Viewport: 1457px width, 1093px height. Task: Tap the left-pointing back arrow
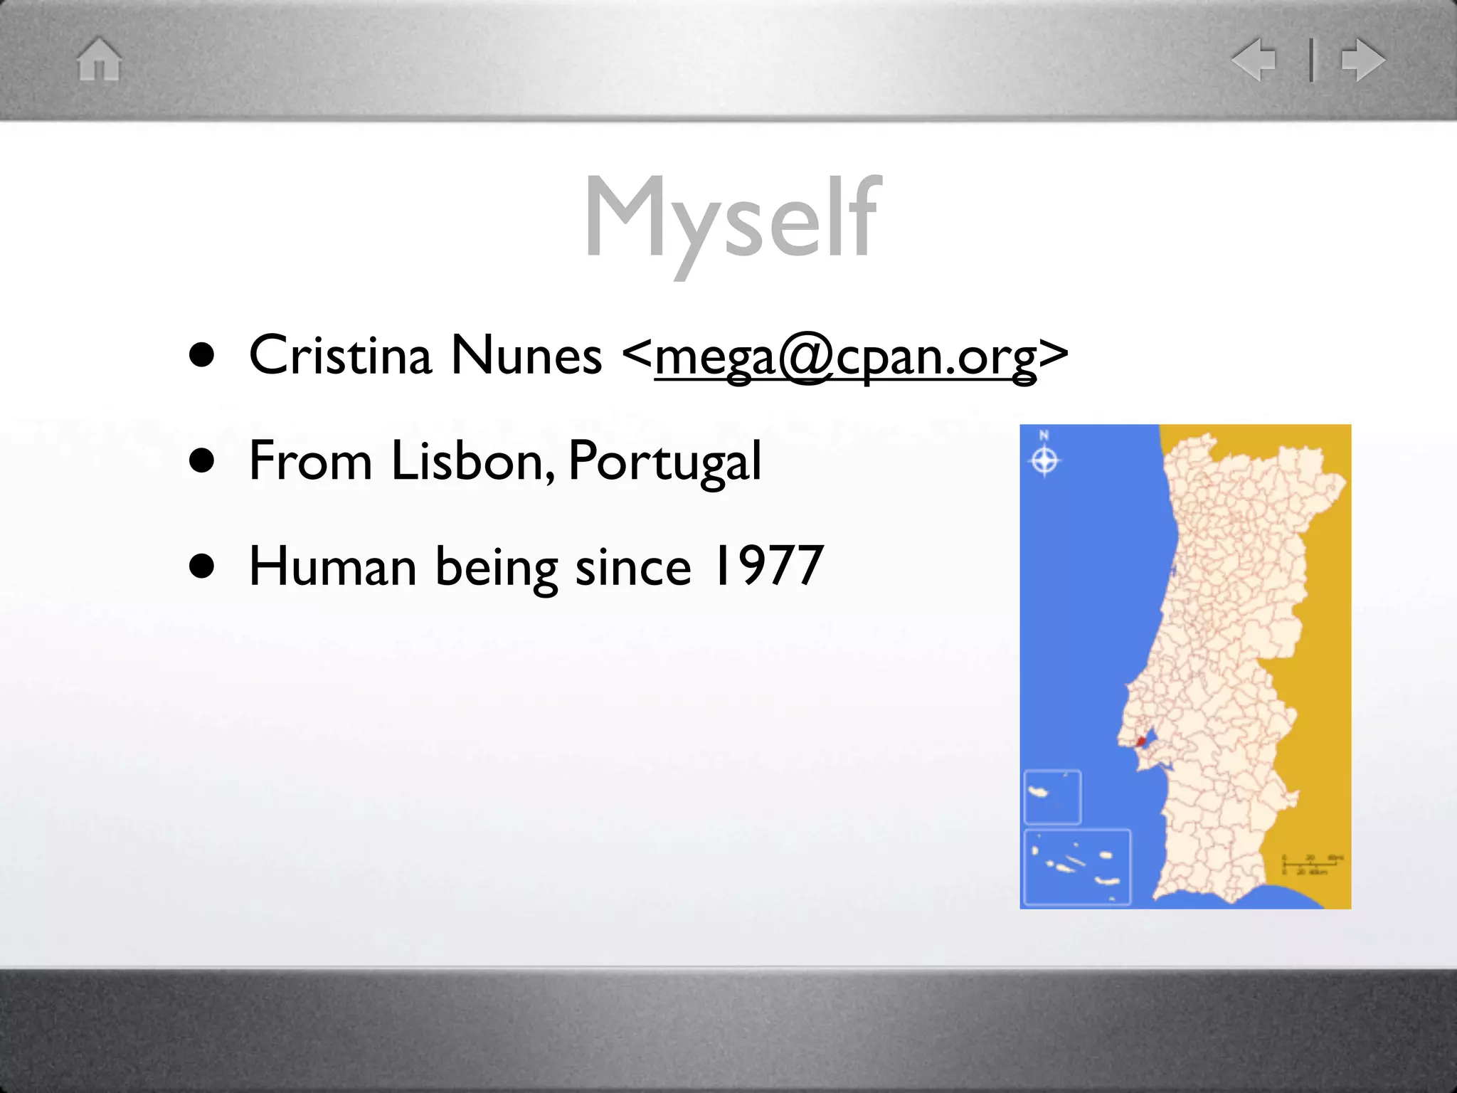click(1255, 59)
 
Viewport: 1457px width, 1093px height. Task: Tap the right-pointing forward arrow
click(1363, 59)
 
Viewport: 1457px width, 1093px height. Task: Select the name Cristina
click(340, 354)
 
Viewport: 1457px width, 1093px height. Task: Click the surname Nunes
click(526, 354)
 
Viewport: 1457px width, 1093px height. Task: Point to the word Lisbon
click(472, 460)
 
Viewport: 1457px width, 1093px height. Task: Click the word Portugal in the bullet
click(664, 462)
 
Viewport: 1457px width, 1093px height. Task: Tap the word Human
click(332, 566)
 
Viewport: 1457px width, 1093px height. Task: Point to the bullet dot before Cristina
click(202, 355)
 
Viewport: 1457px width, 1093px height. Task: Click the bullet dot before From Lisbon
click(202, 460)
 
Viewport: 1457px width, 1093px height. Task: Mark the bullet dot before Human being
click(202, 566)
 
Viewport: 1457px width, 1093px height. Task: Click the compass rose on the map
click(1044, 460)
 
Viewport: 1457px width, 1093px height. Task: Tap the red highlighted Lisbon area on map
click(1141, 741)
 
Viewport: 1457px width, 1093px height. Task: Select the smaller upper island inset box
click(1052, 797)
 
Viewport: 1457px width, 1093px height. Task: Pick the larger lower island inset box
click(1077, 867)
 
